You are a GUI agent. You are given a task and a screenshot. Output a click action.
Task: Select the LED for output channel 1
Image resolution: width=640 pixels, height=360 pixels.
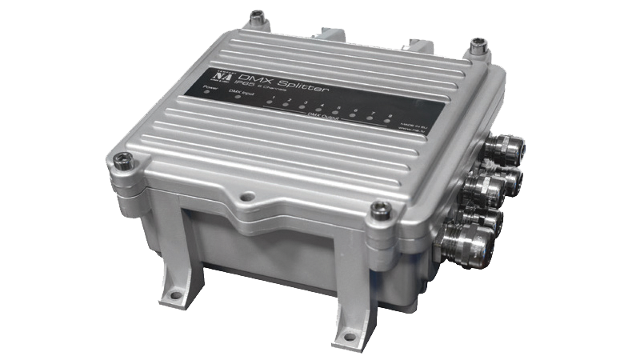point(274,106)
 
